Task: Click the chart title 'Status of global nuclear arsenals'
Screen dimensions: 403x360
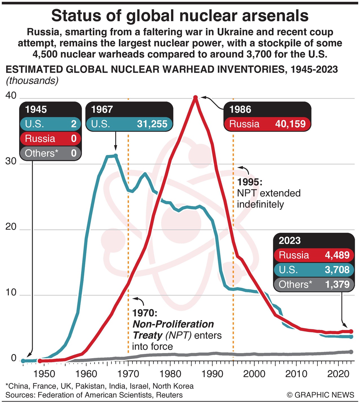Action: pyautogui.click(x=180, y=16)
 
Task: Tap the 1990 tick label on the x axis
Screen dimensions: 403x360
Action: pyautogui.click(x=212, y=374)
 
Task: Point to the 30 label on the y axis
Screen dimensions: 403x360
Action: pyautogui.click(x=11, y=161)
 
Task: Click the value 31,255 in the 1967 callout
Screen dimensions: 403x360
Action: pyautogui.click(x=152, y=124)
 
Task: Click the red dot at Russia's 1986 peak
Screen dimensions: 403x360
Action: pyautogui.click(x=195, y=98)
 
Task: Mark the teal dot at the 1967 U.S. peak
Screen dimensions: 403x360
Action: pyautogui.click(x=115, y=155)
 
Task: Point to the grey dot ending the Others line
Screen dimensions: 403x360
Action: pyautogui.click(x=351, y=352)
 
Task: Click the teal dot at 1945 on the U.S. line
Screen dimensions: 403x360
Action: pyautogui.click(x=23, y=361)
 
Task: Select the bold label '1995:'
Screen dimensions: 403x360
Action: pyautogui.click(x=250, y=182)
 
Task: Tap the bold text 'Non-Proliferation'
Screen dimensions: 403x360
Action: pyautogui.click(x=173, y=324)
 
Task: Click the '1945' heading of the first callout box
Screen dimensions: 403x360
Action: pyautogui.click(x=36, y=109)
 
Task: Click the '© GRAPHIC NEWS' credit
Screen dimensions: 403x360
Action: pyautogui.click(x=321, y=395)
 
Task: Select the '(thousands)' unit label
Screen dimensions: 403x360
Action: pyautogui.click(x=32, y=81)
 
